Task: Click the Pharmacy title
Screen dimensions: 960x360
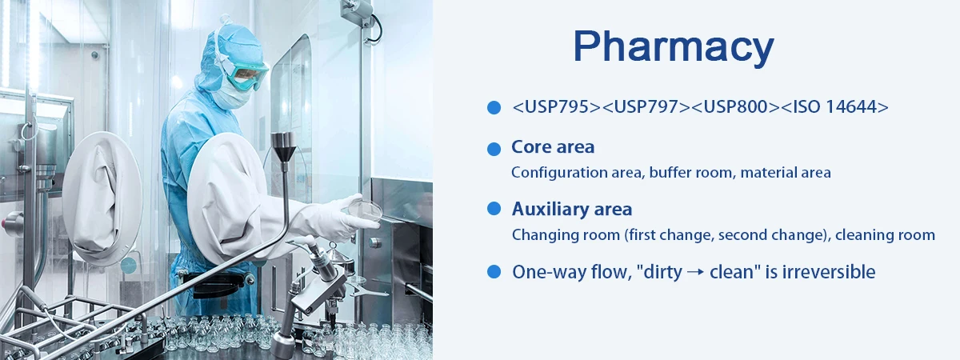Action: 674,47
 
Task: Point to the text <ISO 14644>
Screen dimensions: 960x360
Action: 835,106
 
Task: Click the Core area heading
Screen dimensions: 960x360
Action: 553,147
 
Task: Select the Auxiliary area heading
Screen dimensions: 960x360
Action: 572,209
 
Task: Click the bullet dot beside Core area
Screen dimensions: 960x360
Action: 494,149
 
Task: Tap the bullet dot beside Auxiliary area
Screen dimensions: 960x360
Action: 494,209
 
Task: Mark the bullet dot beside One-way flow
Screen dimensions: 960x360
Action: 494,272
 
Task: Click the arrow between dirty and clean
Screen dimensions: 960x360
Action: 695,272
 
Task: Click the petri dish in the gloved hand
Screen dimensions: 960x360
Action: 365,209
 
